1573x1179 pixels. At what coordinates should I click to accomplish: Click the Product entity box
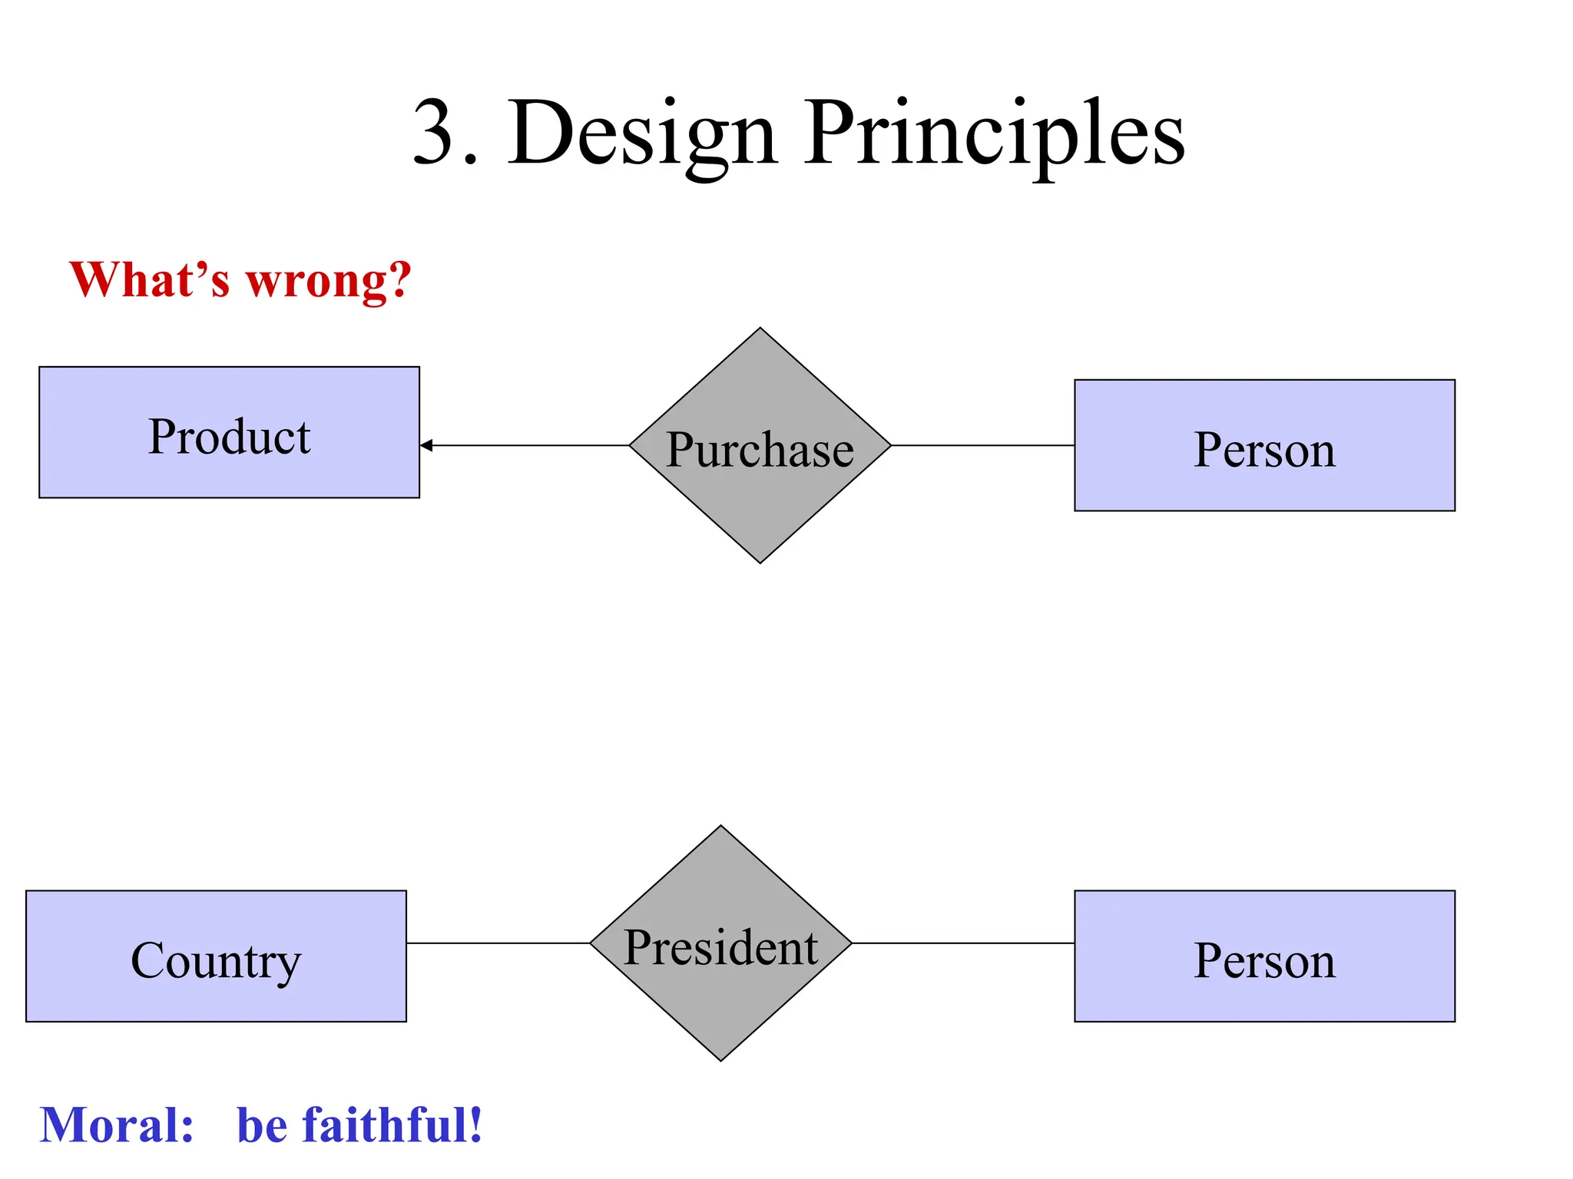[229, 432]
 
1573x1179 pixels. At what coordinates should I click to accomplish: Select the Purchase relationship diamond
[760, 446]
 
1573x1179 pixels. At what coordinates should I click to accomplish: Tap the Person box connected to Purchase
[1264, 445]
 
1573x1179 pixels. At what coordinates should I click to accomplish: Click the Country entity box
[216, 956]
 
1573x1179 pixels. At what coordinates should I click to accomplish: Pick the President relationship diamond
[720, 943]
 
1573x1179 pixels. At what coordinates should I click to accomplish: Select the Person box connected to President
[1264, 956]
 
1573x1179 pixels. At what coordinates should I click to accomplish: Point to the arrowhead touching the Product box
[427, 445]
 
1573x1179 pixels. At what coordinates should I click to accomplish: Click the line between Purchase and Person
[982, 445]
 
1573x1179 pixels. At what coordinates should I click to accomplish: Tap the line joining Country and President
[498, 943]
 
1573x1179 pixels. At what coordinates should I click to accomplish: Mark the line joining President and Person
[962, 943]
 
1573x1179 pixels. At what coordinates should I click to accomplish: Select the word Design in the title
[642, 134]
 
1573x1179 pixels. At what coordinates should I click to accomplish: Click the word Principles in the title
[994, 134]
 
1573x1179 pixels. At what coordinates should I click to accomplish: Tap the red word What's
[149, 279]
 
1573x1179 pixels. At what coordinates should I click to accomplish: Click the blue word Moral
[116, 1125]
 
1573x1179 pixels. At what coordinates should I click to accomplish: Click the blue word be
[262, 1125]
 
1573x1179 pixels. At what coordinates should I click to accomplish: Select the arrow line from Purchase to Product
[530, 445]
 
